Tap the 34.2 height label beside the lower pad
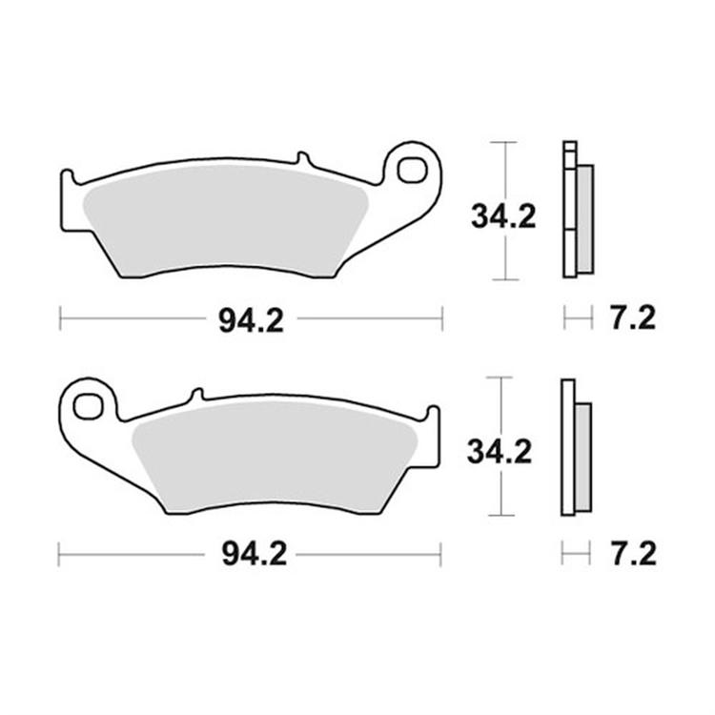[500, 451]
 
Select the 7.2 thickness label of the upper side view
[631, 318]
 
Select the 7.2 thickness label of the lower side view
[631, 554]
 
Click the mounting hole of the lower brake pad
[89, 405]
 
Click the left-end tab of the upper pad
[67, 180]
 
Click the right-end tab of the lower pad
[434, 416]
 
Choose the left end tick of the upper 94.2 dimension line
[60, 318]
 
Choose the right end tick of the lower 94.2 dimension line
[439, 553]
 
